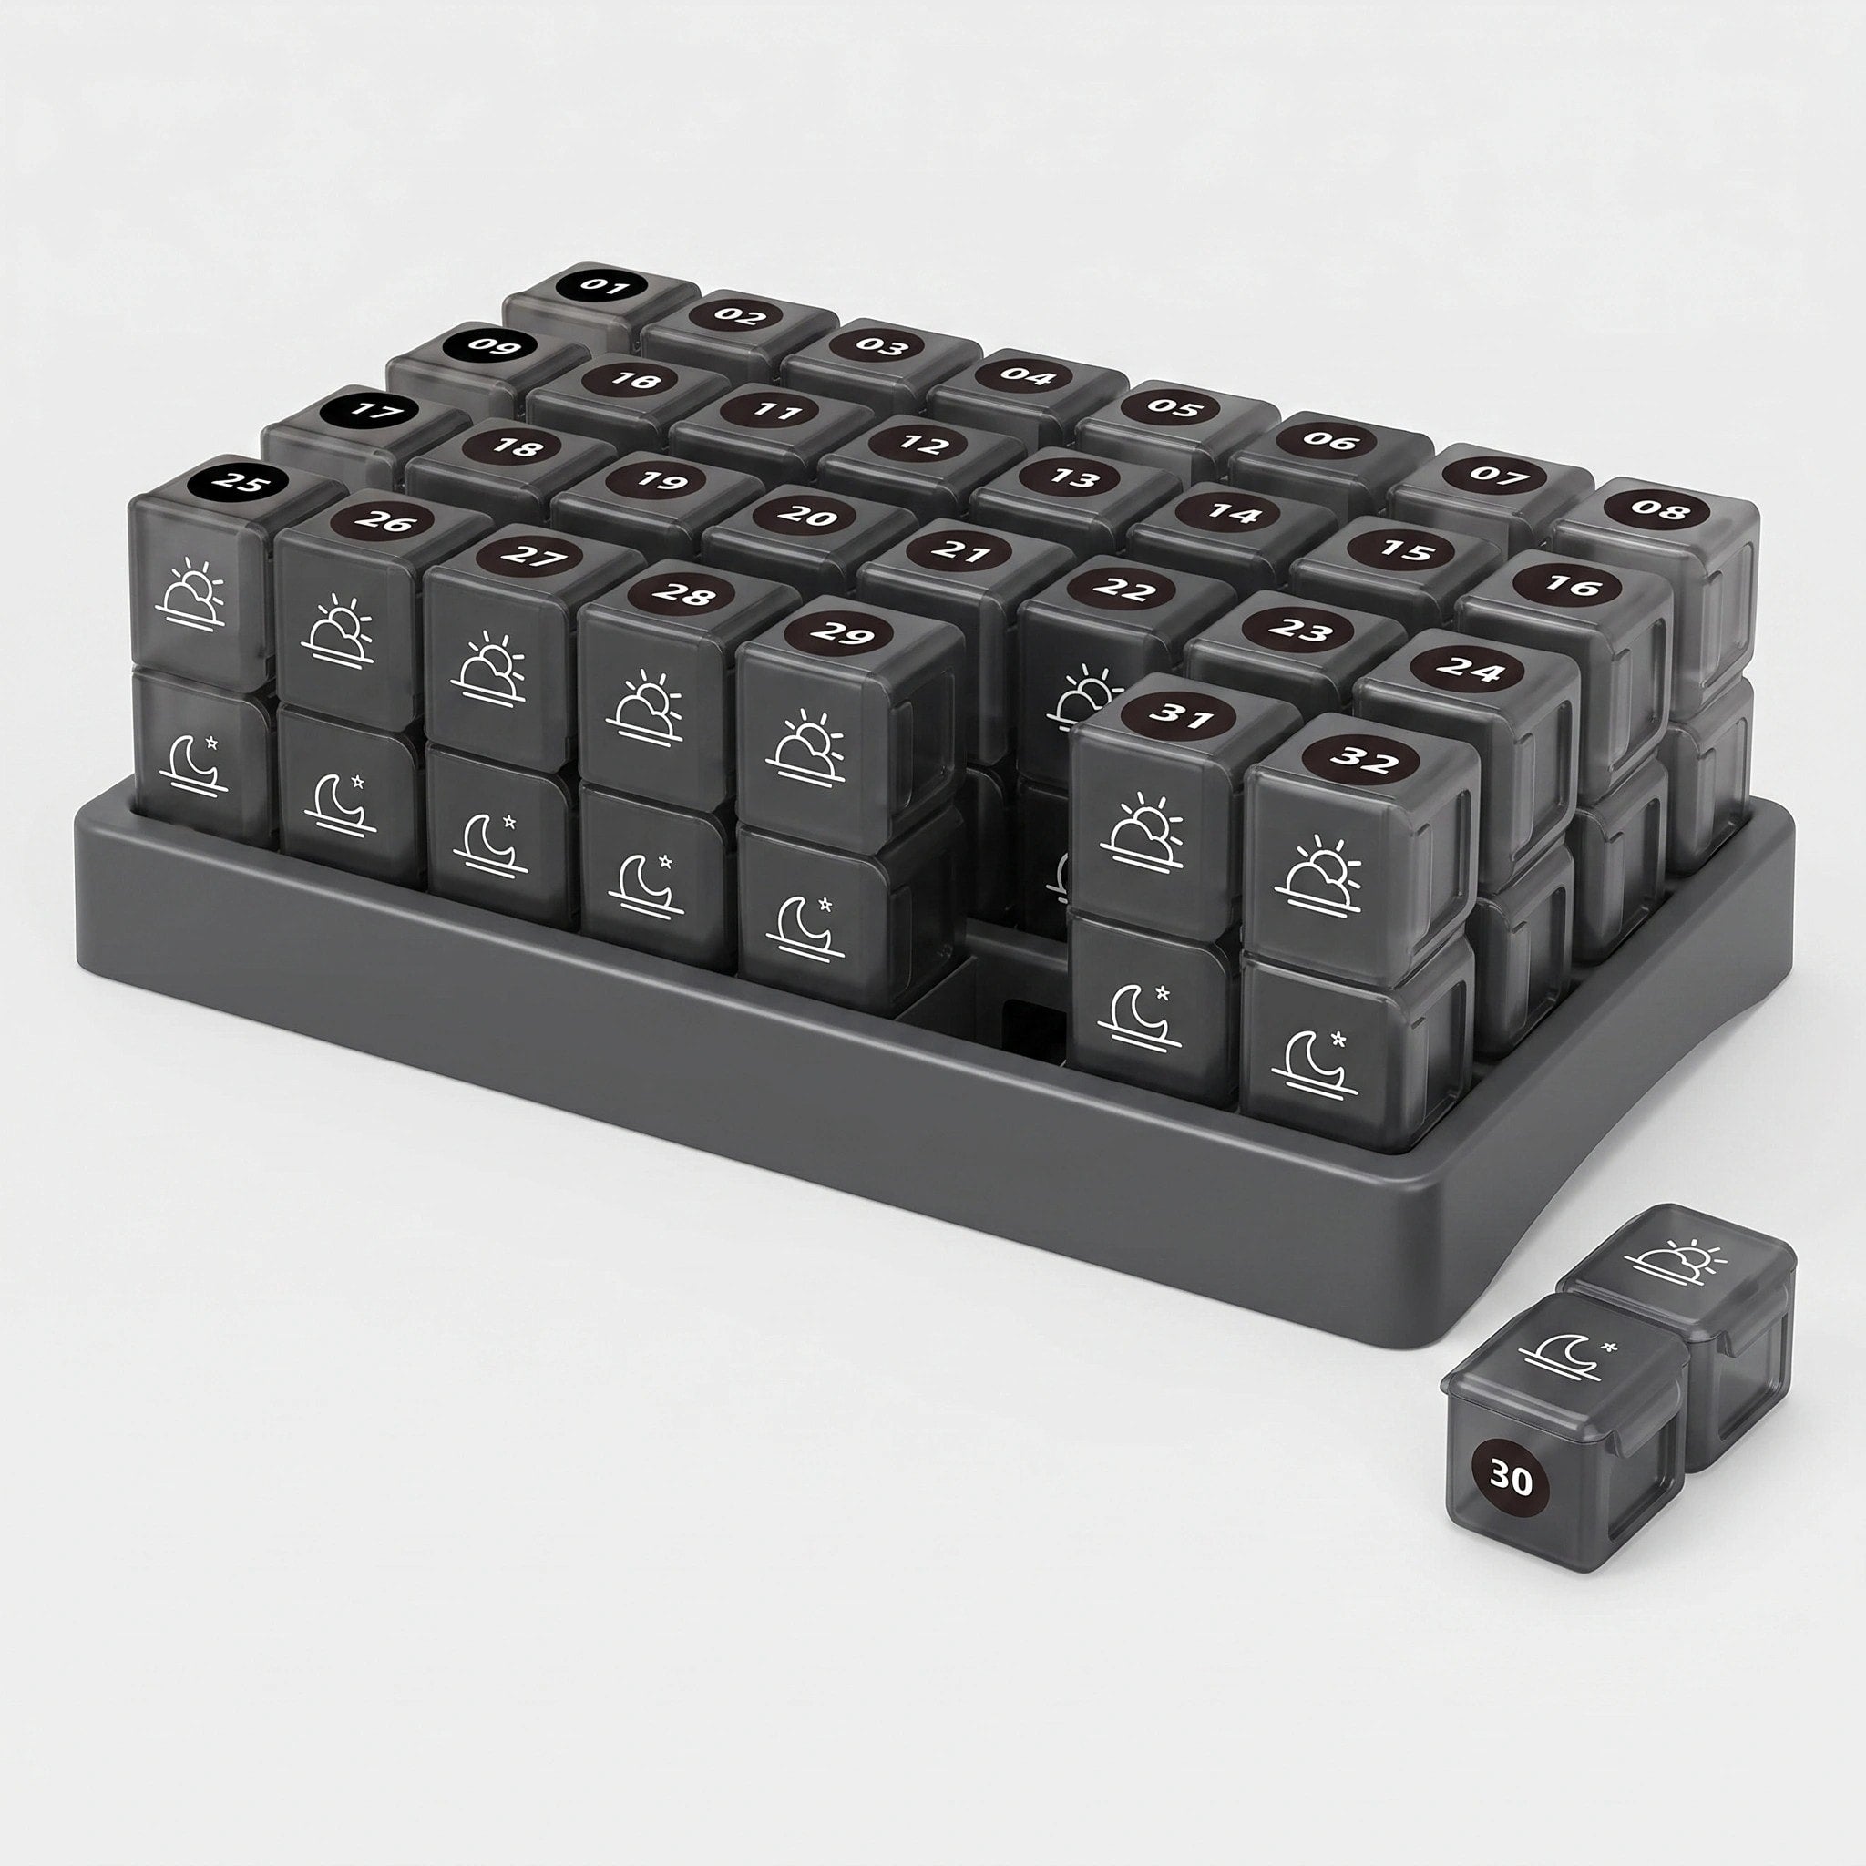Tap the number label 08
[1659, 510]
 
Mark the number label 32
[1365, 761]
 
